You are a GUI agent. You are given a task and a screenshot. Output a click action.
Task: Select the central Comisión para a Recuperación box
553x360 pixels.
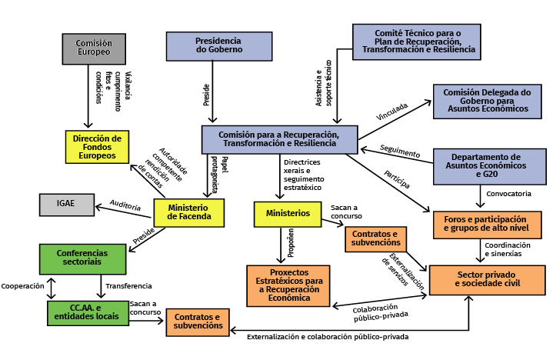(279, 138)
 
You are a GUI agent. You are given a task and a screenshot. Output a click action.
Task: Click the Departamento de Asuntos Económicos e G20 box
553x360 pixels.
(489, 166)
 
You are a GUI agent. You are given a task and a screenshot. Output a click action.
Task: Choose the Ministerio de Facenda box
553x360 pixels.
(188, 212)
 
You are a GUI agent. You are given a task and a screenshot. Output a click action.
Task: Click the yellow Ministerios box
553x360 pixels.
(288, 213)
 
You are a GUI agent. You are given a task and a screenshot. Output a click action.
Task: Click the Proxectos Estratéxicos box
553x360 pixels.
(288, 285)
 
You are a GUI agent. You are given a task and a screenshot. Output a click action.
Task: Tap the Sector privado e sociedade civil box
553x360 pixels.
(487, 279)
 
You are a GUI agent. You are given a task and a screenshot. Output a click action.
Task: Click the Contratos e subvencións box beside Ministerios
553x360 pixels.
(375, 239)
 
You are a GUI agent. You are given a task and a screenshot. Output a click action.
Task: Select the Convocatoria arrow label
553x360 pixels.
(510, 193)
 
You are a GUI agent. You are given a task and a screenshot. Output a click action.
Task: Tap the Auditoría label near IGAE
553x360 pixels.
(125, 208)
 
